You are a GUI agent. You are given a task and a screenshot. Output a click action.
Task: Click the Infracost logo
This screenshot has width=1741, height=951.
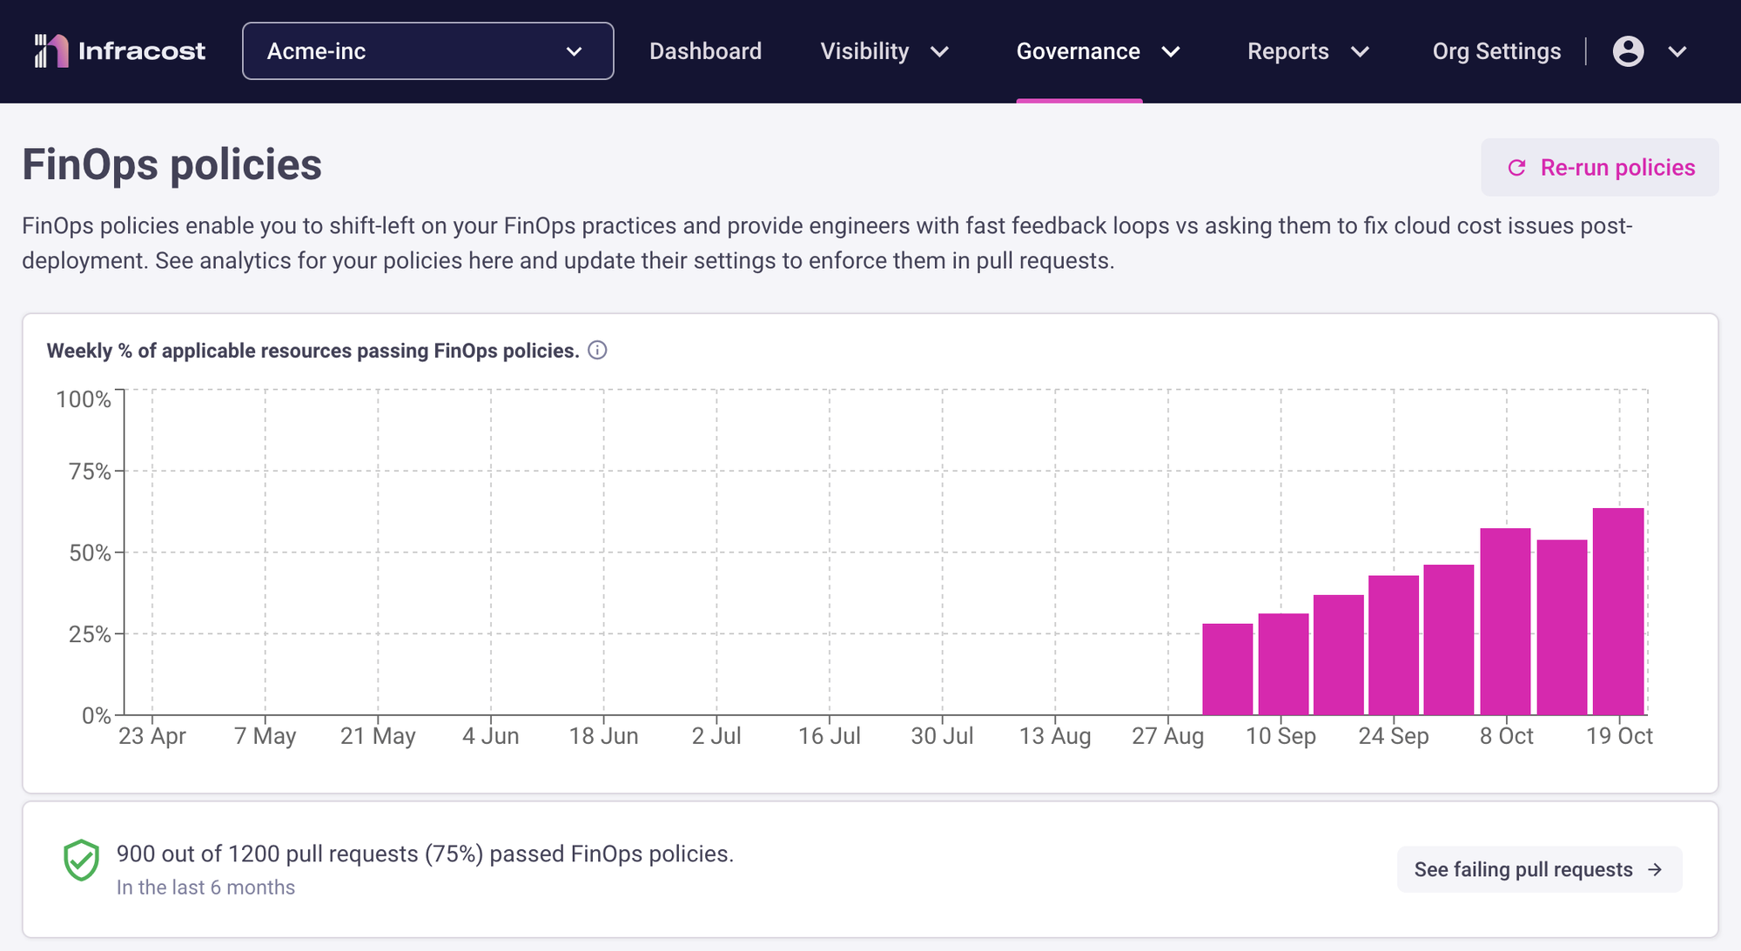(x=119, y=51)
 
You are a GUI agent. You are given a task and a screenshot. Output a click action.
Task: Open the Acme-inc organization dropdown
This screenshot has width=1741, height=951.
(x=427, y=51)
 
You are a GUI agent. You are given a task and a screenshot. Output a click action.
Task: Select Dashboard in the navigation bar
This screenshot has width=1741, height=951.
(x=705, y=51)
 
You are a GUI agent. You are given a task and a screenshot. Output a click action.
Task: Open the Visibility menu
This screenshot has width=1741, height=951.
(x=884, y=51)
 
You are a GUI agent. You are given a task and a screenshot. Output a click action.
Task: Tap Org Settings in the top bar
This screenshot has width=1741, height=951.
(x=1496, y=51)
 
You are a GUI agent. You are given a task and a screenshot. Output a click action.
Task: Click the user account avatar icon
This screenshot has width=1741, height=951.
(x=1628, y=51)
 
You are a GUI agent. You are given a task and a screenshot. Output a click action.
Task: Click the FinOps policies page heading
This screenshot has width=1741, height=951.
(x=171, y=164)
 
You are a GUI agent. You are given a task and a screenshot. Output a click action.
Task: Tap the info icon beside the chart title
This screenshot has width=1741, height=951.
(x=597, y=350)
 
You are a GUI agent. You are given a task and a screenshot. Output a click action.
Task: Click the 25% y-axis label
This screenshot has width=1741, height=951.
(x=90, y=634)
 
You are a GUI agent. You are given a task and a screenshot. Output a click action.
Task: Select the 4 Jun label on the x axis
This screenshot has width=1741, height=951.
(x=490, y=736)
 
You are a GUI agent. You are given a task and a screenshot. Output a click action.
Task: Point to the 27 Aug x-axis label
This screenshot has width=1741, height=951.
(x=1167, y=736)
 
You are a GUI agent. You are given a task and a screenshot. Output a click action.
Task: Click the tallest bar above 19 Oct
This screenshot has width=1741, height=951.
(x=1618, y=611)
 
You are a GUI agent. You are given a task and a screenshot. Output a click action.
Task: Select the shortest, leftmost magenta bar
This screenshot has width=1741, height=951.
(x=1227, y=669)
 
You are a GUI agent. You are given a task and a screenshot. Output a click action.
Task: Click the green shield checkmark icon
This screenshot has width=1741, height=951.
(x=81, y=861)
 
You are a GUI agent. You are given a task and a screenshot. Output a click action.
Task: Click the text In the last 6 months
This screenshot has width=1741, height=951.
(x=205, y=887)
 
